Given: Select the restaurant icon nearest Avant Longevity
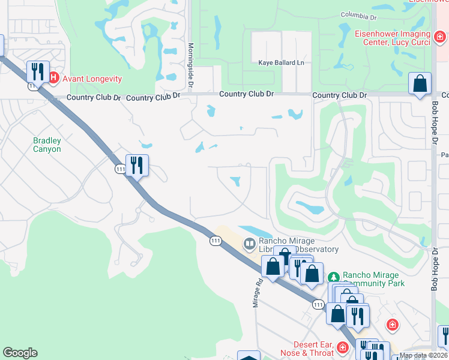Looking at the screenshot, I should coord(37,71).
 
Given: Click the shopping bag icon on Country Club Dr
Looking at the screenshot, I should coord(420,83).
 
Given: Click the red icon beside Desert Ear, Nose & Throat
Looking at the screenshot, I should coord(343,347).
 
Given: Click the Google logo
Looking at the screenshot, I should coord(20,353).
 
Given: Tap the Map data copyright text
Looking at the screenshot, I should coord(423,356).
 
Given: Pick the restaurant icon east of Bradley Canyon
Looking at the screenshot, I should coord(137,165).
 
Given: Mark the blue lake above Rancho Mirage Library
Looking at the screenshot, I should coord(256,230).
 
